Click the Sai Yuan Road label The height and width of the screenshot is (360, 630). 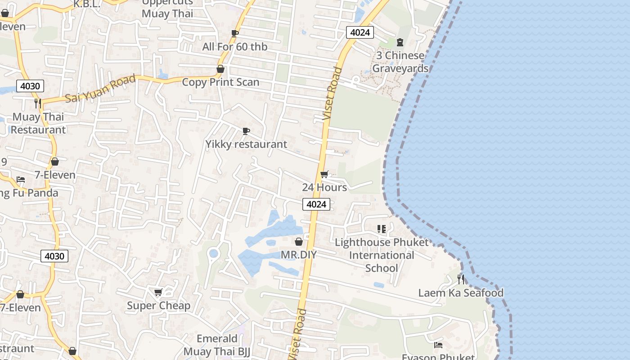coord(100,89)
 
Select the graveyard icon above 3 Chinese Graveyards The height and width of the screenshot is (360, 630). coord(400,42)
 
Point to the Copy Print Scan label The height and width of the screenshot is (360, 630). coord(220,82)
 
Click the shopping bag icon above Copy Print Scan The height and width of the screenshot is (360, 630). coord(220,69)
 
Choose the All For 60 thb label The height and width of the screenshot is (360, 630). coord(234,47)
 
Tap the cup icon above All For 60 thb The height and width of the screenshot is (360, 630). coord(234,33)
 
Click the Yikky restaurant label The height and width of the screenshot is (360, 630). coord(246,144)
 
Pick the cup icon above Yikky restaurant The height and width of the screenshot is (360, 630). coord(246,131)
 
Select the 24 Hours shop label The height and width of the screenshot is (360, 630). coord(324,187)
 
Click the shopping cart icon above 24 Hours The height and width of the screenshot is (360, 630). coord(324,174)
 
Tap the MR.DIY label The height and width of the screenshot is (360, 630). coord(299,255)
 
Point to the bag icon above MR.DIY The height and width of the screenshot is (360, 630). coord(299,242)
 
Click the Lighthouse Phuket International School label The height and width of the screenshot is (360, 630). coord(382,255)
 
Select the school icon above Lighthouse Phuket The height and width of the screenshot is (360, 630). coord(382,229)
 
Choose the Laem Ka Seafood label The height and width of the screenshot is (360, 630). coord(461,293)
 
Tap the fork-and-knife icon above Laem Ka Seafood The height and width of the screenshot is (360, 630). coord(461,279)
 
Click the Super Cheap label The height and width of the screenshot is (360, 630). coord(158,306)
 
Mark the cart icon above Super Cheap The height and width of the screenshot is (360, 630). coord(158,292)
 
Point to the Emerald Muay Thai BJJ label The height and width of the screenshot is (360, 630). coord(217,345)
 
